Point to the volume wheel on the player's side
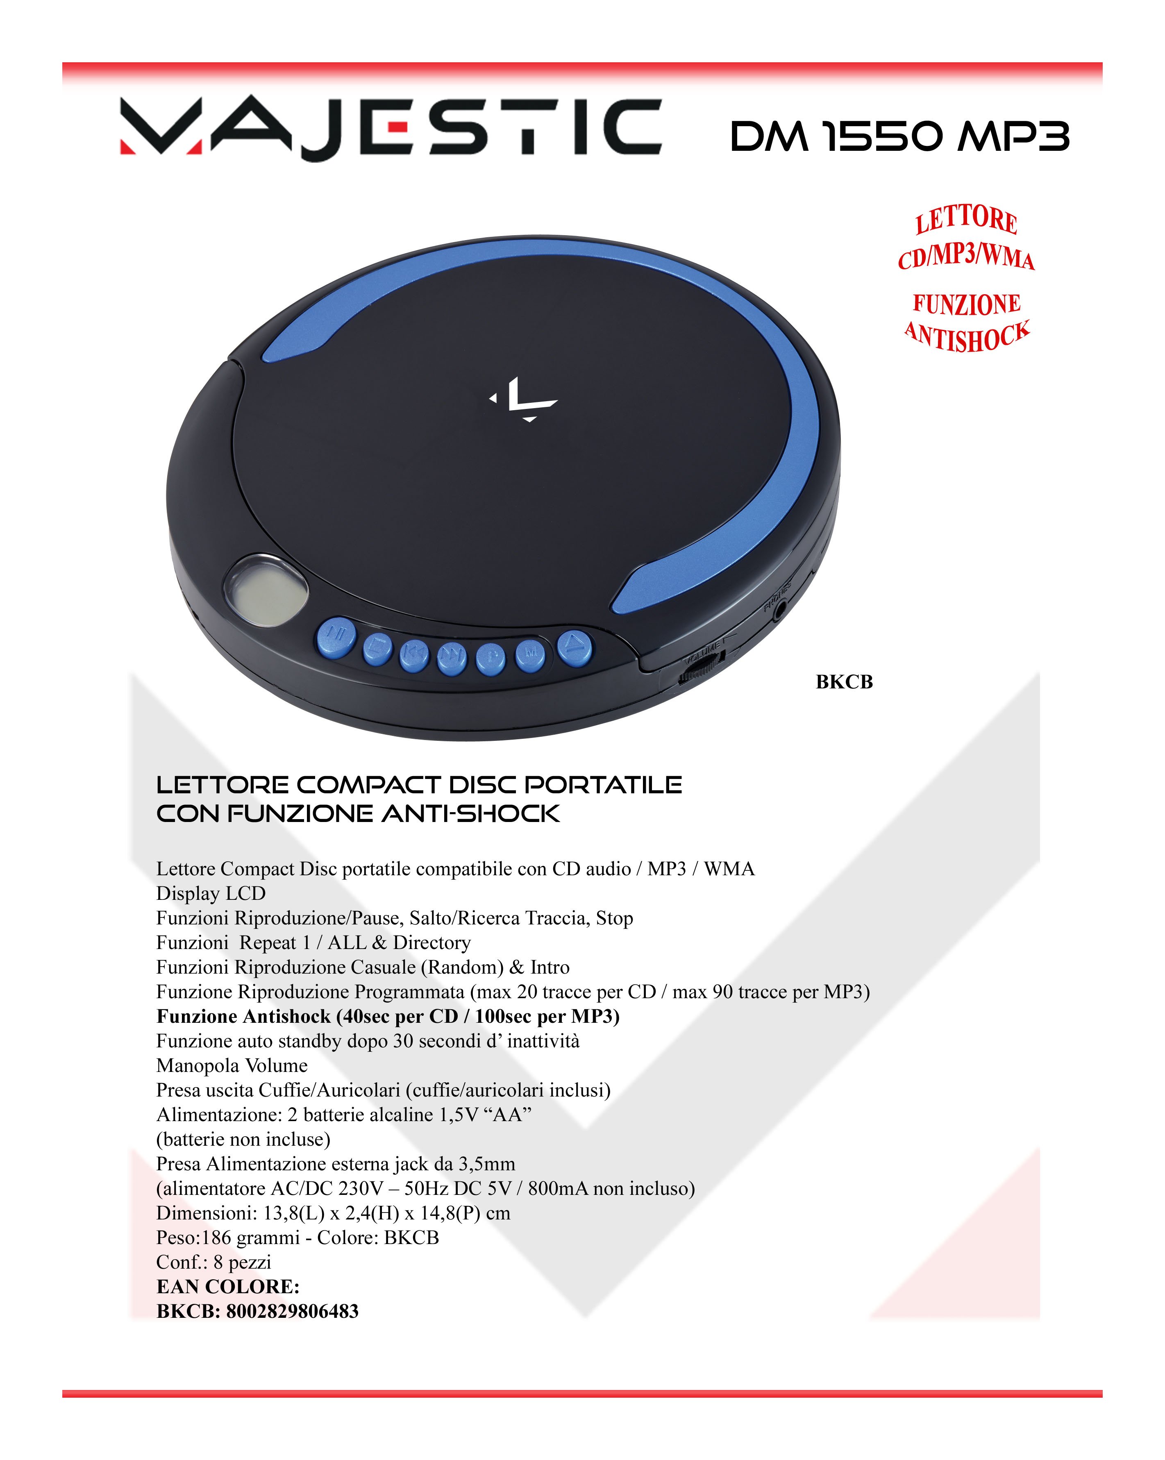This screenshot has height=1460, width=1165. pyautogui.click(x=699, y=670)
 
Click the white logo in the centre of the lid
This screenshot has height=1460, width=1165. pyautogui.click(x=524, y=400)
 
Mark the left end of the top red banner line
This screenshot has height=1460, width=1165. pyautogui.click(x=63, y=66)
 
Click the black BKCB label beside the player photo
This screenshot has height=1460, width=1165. pyautogui.click(x=844, y=682)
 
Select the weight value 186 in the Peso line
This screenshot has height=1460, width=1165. pyautogui.click(x=217, y=1238)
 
